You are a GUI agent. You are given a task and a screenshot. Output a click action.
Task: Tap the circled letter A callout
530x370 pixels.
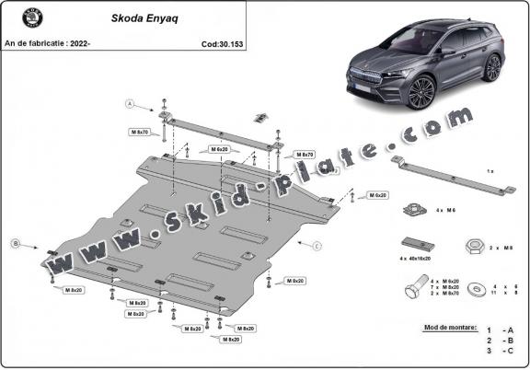(x=131, y=103)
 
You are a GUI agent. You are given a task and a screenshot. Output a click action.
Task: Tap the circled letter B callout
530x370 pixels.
(x=16, y=244)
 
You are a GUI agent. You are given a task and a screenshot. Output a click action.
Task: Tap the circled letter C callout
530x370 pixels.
(x=317, y=246)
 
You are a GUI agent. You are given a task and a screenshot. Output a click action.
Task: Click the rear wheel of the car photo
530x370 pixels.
(x=493, y=67)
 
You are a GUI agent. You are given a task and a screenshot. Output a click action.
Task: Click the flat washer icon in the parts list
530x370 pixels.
(x=478, y=288)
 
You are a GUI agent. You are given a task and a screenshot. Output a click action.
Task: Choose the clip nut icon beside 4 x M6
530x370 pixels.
(x=413, y=210)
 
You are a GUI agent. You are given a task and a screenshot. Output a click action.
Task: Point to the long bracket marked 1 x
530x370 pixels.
(x=450, y=176)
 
